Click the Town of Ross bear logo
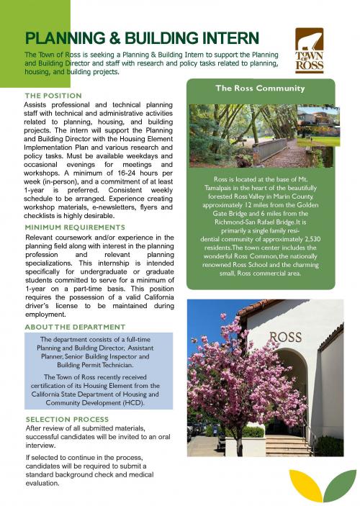click(x=310, y=50)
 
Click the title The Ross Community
click(x=259, y=89)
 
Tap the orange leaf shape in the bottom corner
click(x=305, y=485)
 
